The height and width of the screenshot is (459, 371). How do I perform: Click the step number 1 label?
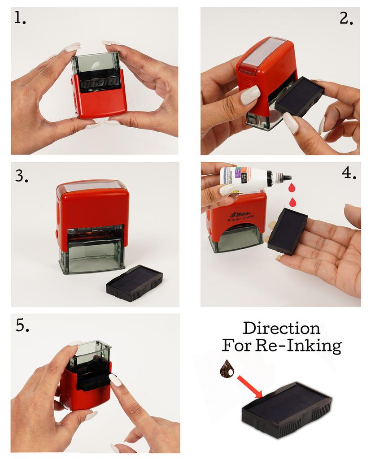(x=20, y=18)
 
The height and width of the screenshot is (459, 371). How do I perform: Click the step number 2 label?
(x=346, y=18)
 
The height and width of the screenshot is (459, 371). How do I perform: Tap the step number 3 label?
(x=22, y=176)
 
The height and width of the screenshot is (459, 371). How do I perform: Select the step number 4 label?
(x=349, y=173)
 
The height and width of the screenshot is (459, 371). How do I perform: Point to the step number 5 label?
(x=22, y=325)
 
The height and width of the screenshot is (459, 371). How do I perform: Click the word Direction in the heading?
(x=281, y=328)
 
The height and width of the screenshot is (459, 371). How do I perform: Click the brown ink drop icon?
(x=227, y=369)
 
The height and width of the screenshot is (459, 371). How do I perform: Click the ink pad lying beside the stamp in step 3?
(x=134, y=282)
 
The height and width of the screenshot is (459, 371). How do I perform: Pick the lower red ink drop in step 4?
(x=292, y=202)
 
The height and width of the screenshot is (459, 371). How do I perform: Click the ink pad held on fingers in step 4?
(x=287, y=230)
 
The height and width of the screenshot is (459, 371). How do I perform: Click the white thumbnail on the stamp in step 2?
(x=250, y=95)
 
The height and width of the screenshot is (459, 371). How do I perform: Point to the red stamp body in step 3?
(x=92, y=206)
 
